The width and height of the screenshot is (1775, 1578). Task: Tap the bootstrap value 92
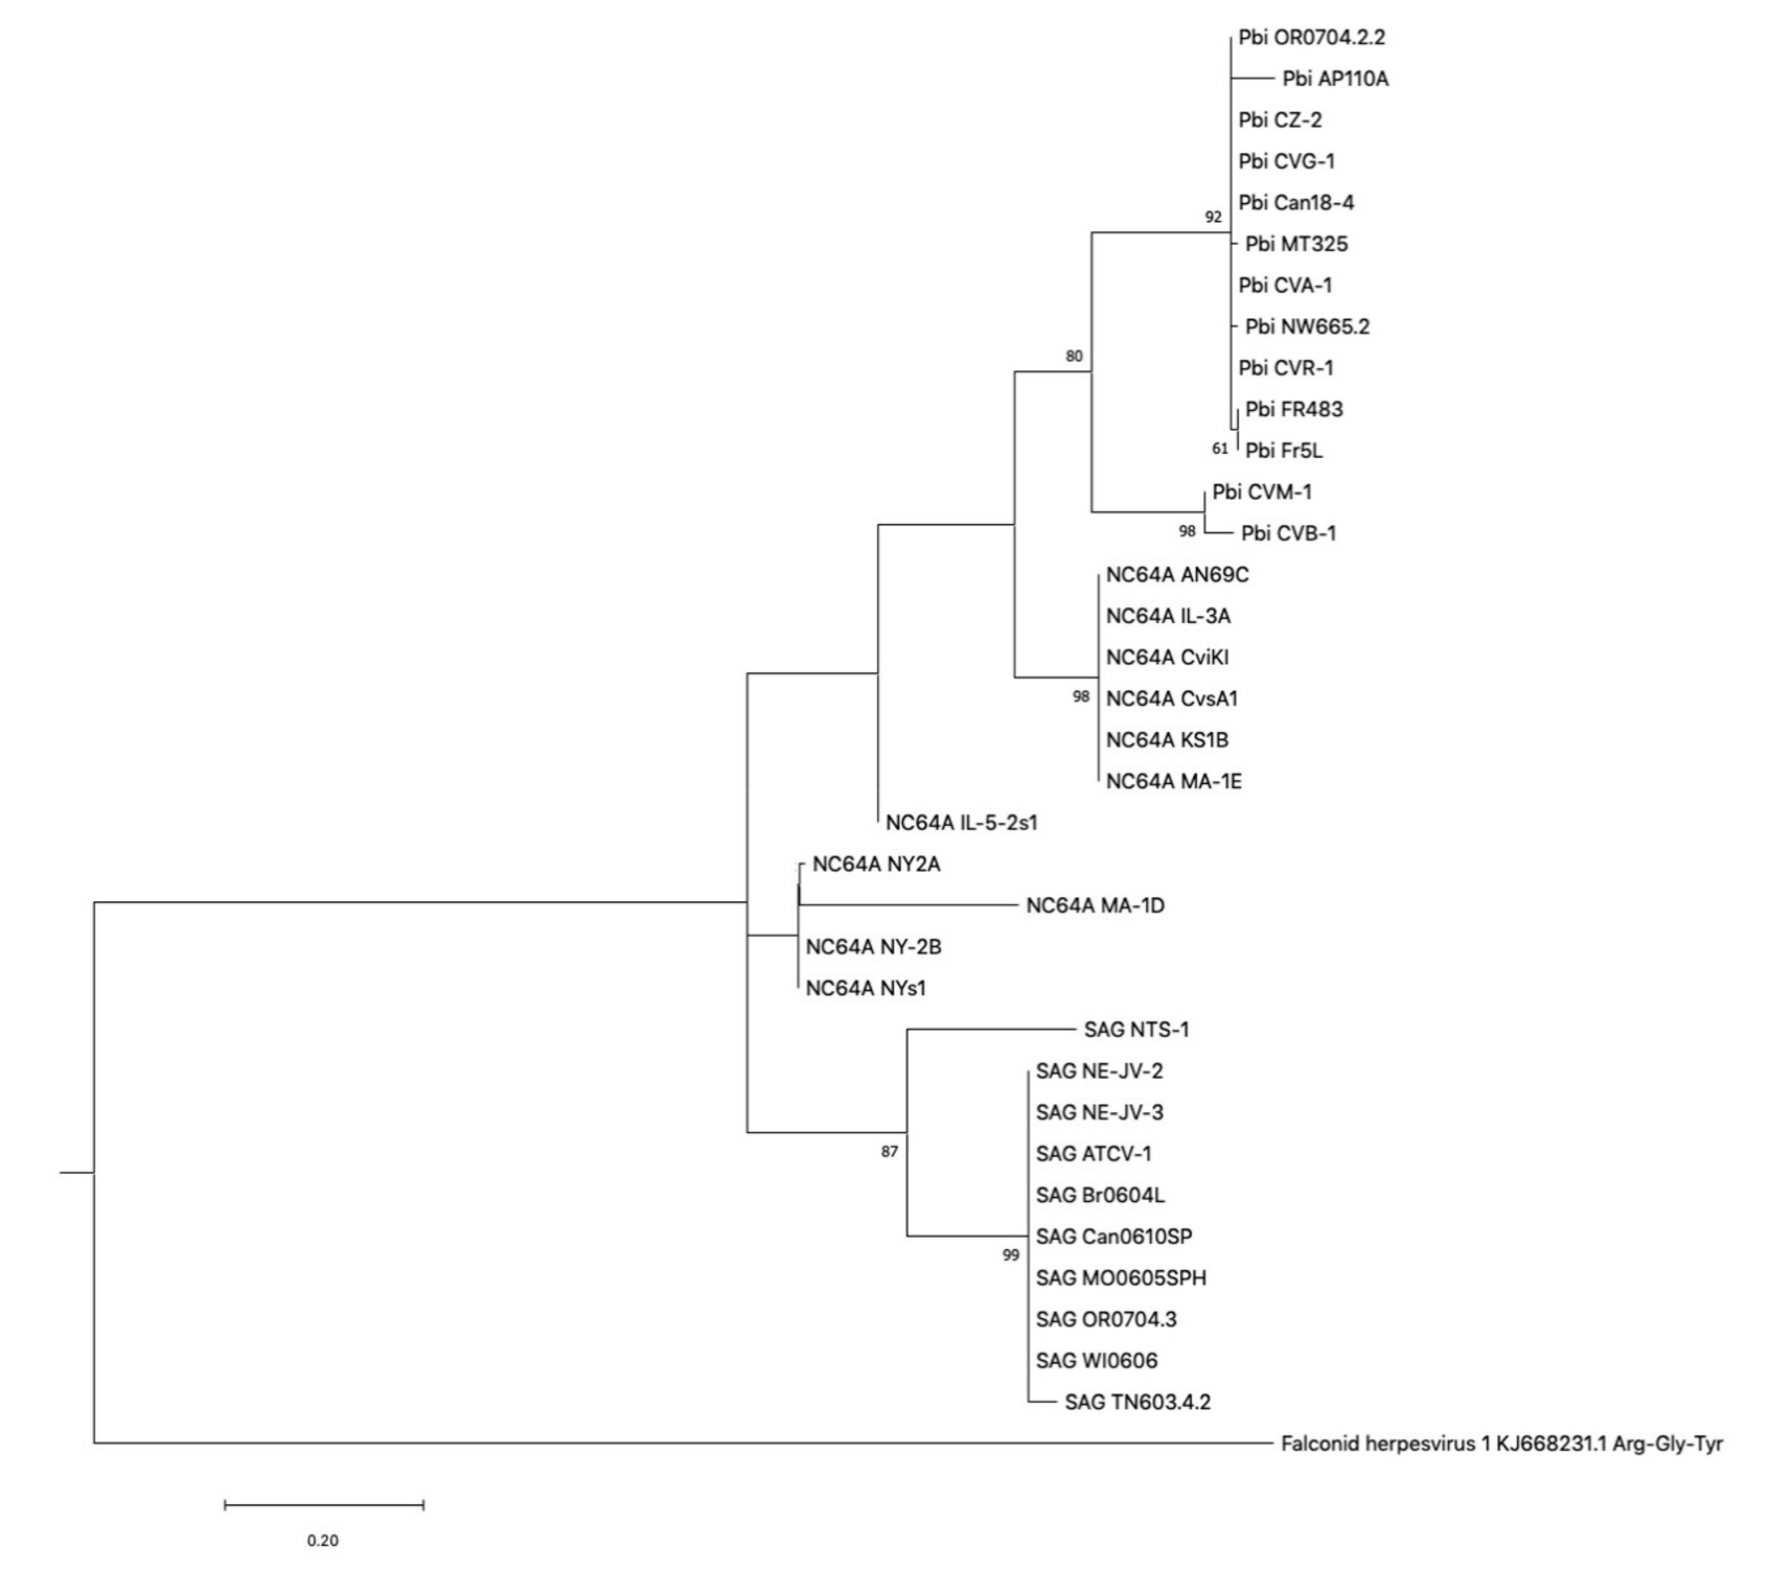tap(1213, 217)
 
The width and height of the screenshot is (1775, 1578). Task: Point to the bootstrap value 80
tap(1074, 356)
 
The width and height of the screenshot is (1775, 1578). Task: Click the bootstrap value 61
tap(1220, 449)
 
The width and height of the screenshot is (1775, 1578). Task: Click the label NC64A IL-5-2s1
tap(961, 822)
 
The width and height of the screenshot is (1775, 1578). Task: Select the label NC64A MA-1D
tap(1095, 906)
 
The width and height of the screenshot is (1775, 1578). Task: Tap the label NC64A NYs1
tap(866, 988)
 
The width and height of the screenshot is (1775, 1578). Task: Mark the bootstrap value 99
tap(1010, 1256)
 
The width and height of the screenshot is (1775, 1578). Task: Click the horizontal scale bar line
tap(324, 1504)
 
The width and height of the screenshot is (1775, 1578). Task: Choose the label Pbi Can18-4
tap(1296, 203)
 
